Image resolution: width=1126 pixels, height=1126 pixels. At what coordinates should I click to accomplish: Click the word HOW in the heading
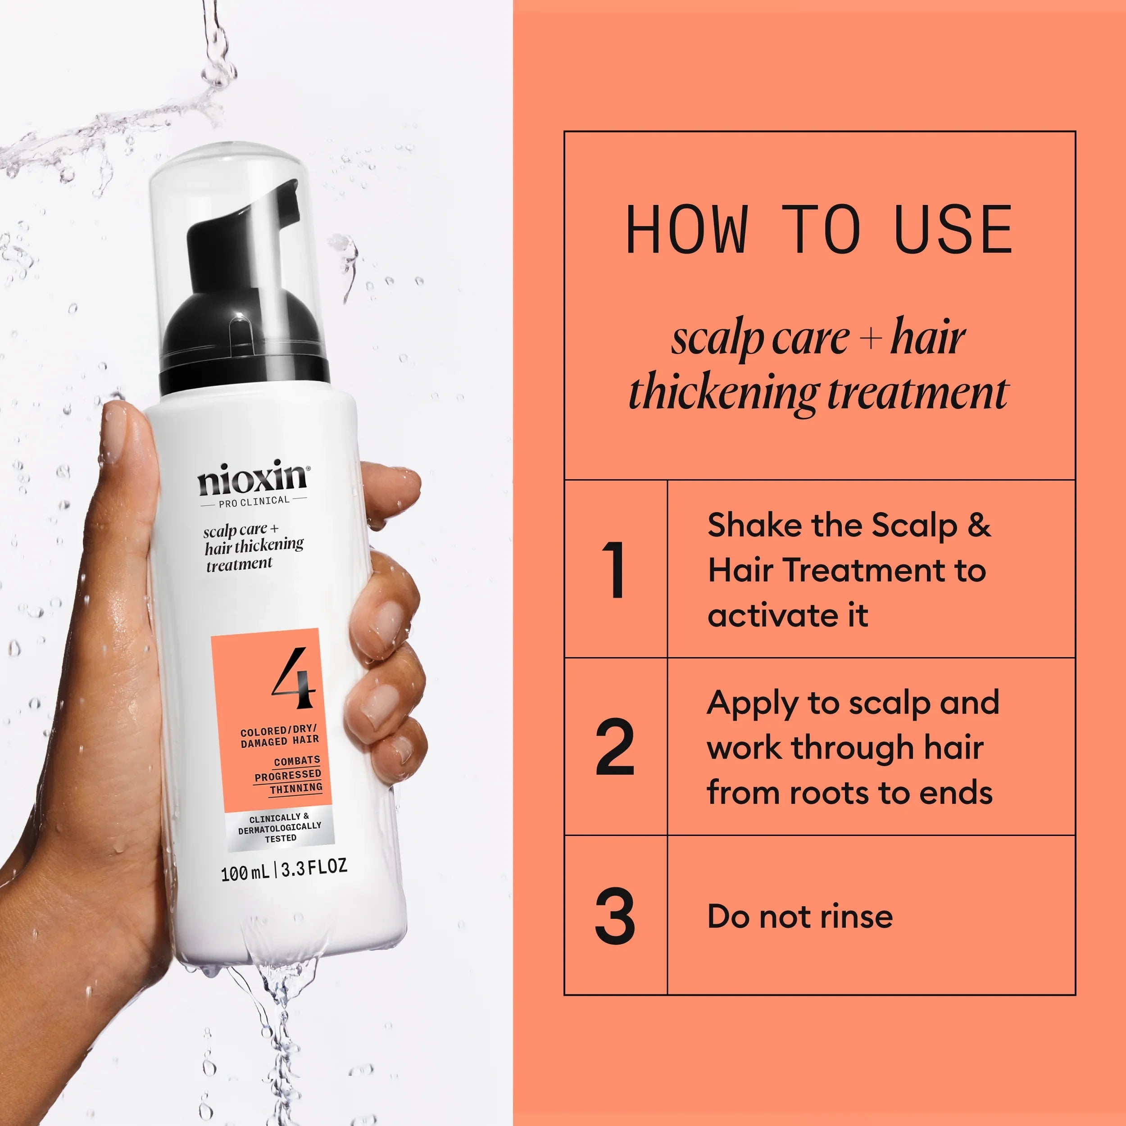pyautogui.click(x=687, y=230)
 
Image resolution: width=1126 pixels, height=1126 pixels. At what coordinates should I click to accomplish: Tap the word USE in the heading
pyautogui.click(x=953, y=230)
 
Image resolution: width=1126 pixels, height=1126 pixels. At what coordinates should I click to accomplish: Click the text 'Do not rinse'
pyautogui.click(x=799, y=917)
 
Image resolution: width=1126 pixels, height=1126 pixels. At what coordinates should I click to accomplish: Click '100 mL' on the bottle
pyautogui.click(x=245, y=872)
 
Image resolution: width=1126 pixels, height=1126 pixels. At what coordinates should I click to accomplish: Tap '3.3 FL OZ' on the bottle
pyautogui.click(x=314, y=868)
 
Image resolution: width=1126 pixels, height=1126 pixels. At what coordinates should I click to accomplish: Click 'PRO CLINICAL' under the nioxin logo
pyautogui.click(x=254, y=501)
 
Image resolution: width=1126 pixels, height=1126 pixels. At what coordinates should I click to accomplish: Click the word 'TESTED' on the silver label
pyautogui.click(x=281, y=839)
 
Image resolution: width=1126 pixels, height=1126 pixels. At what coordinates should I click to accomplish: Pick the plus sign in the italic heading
pyautogui.click(x=870, y=339)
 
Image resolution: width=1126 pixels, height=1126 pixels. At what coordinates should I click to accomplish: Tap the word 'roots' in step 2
pyautogui.click(x=832, y=793)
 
